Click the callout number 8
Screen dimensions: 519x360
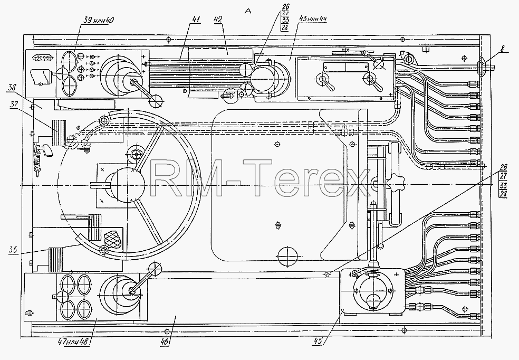coord(503,49)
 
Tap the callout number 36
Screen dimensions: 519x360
coord(13,250)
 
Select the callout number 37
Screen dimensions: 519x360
coord(14,105)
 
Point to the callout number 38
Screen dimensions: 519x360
coord(12,88)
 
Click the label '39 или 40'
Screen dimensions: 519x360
coord(99,20)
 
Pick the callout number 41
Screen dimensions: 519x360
coord(196,20)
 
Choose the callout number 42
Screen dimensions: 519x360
coord(217,20)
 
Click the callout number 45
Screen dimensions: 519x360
coord(318,341)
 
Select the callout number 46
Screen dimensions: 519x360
coord(165,342)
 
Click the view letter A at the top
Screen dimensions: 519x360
coord(248,11)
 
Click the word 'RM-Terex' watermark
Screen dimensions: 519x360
coord(259,178)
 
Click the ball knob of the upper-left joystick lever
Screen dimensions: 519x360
coord(156,101)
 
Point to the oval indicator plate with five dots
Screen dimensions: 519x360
coord(42,58)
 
